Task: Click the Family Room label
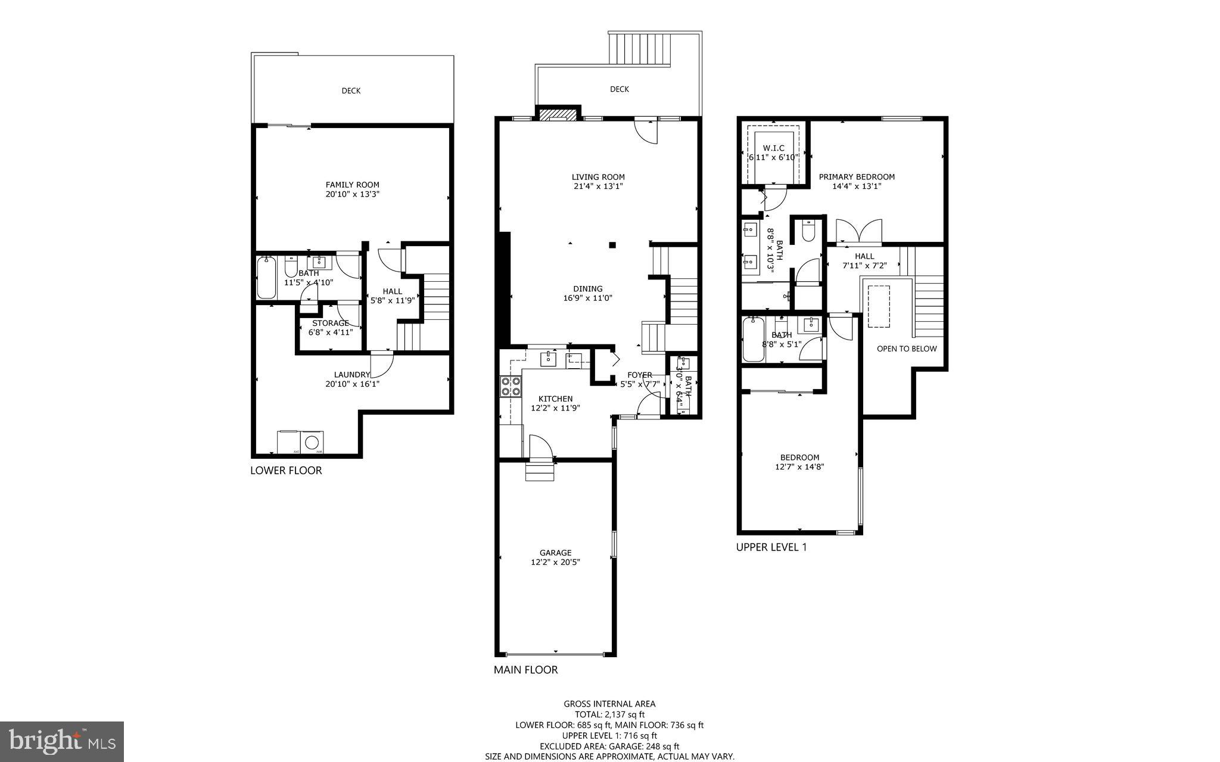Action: point(352,185)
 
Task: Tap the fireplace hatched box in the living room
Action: point(559,114)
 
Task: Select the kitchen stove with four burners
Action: point(511,387)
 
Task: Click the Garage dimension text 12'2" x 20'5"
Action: point(555,562)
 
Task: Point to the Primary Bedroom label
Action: point(857,177)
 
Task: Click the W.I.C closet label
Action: point(773,148)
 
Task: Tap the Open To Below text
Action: point(906,349)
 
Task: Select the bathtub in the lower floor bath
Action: point(266,278)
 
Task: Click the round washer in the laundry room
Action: point(312,443)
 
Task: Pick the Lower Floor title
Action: point(286,470)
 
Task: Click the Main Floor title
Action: point(525,670)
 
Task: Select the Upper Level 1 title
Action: point(771,547)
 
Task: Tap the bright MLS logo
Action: point(62,741)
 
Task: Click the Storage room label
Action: point(331,323)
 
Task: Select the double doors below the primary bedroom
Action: point(858,232)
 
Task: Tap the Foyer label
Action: point(640,375)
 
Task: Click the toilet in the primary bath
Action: point(808,232)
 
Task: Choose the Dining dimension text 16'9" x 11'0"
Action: point(588,298)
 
